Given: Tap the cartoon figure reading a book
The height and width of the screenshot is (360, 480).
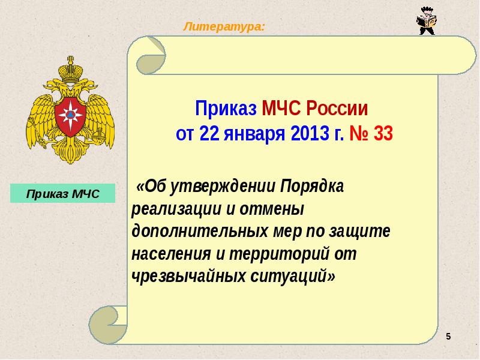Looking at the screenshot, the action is (427, 21).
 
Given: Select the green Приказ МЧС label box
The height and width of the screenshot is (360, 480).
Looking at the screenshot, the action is (63, 193).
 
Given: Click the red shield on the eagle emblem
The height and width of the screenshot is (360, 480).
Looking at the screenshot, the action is (70, 116).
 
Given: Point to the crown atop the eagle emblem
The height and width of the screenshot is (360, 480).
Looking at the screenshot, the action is (71, 69).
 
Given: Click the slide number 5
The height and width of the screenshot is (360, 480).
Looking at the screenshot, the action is (448, 337).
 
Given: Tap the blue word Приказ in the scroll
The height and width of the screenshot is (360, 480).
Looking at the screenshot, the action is (226, 109).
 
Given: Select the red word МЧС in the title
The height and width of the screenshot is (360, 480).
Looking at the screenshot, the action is (281, 109).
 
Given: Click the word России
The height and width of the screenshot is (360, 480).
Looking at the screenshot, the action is (337, 109).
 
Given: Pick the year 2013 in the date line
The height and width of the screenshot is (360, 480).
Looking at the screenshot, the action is (310, 133).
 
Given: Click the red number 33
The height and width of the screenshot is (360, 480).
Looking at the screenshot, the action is (383, 133).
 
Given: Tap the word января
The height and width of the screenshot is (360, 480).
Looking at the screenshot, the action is (254, 134).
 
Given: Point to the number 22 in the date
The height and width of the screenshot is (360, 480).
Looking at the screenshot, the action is (209, 133).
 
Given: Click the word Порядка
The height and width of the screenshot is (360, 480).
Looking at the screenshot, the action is (312, 186).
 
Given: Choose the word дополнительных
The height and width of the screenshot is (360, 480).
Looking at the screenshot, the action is (200, 232).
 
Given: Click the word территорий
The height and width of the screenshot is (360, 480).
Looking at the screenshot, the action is (279, 254).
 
